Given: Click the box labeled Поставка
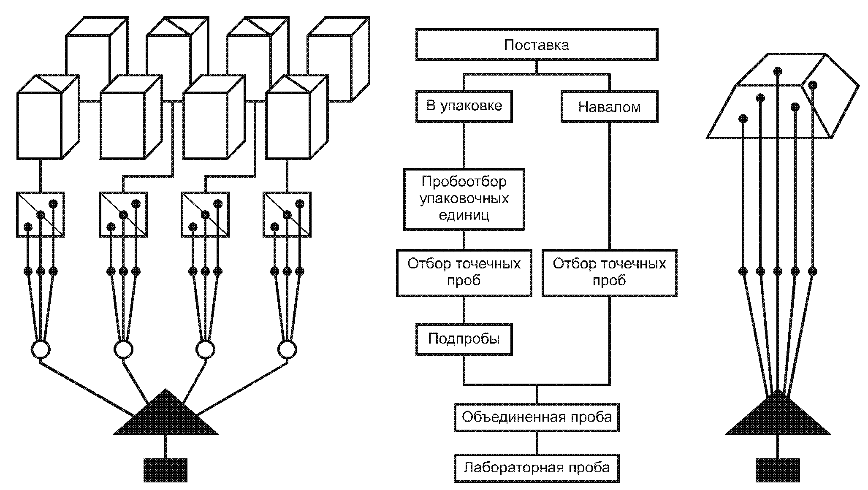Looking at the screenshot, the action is [537, 44].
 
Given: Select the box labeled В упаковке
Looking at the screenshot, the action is [464, 106].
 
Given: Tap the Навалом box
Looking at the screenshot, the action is [609, 106].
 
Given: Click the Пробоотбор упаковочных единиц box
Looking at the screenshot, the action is [464, 199].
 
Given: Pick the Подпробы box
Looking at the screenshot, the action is [464, 339].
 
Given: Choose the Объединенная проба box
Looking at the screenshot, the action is [537, 417].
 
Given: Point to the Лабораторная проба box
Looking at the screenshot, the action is [537, 468].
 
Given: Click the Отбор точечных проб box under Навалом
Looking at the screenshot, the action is [609, 273].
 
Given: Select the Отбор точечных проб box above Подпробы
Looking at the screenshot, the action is [464, 273].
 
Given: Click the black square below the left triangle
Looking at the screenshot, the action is [165, 470].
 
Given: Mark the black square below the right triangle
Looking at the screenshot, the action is [778, 470].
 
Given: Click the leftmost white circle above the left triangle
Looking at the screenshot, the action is [41, 349].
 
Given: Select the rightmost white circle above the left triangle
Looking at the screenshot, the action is [287, 349].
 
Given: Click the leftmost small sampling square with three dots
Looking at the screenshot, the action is [41, 214].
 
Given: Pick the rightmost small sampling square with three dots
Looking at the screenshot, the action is [287, 214].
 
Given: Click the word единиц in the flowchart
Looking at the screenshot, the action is [464, 215].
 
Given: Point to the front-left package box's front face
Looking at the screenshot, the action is [39, 126].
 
